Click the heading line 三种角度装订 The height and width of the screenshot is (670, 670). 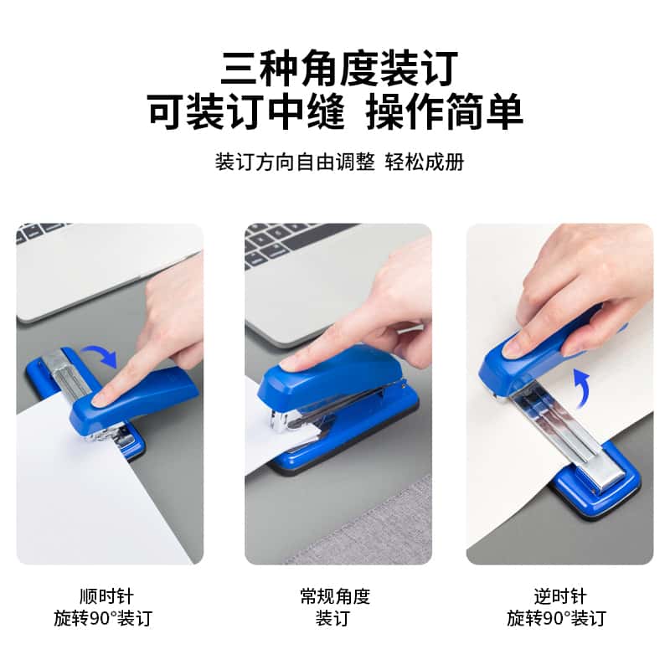340,69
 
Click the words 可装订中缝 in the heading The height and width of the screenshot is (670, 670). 246,111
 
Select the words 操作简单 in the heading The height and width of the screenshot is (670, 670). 445,111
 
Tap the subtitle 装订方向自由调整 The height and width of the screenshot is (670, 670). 295,162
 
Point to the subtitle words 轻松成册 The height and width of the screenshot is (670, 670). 425,162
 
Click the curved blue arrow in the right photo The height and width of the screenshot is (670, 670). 582,386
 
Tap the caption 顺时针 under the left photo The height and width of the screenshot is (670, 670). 106,596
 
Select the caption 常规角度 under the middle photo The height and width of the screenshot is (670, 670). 335,596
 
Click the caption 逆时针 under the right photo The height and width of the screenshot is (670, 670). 560,596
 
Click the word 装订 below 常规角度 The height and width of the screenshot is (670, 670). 332,618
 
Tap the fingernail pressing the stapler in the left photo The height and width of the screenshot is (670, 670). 99,399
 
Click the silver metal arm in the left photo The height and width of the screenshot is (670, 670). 70,376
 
